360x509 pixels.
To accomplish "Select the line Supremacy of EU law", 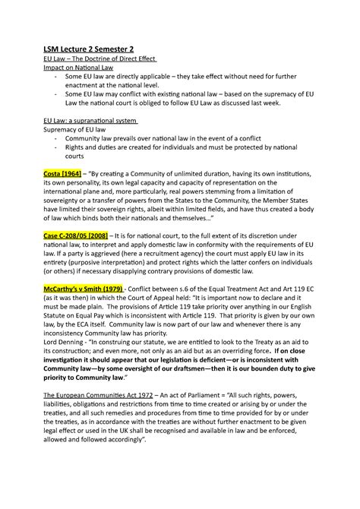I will [77, 130].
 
